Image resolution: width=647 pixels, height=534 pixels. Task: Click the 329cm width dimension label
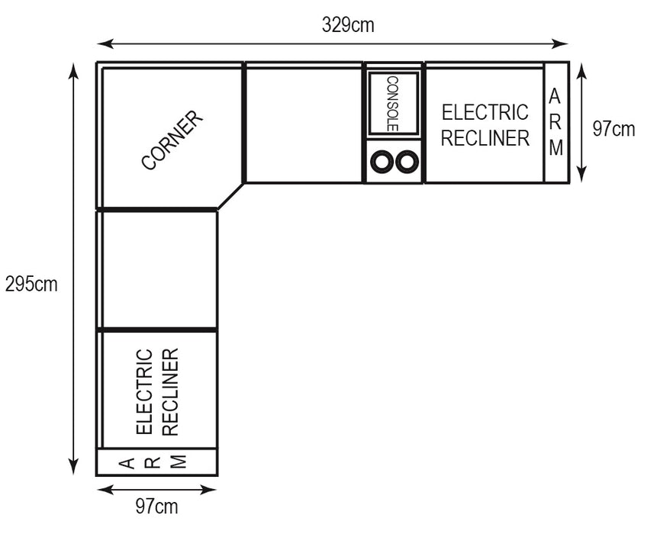pos(348,25)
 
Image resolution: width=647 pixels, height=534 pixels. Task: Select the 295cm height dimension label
pos(31,285)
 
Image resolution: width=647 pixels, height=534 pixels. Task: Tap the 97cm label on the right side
pos(613,129)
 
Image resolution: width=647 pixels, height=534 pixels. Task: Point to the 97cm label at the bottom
pos(157,507)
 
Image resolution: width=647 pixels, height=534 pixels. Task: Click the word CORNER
pos(172,140)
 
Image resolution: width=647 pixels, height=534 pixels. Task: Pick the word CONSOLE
pos(392,104)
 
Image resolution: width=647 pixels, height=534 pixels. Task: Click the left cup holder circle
pos(381,162)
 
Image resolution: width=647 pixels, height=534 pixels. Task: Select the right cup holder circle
pos(407,162)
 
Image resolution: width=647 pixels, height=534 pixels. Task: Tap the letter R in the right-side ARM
pos(555,123)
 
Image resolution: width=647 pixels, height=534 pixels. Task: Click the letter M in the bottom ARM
pos(179,462)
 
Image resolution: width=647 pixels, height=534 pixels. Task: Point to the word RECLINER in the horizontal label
pos(485,138)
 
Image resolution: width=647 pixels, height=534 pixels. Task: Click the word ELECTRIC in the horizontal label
pos(485,112)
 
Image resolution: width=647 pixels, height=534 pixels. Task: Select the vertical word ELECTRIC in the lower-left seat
pos(144,391)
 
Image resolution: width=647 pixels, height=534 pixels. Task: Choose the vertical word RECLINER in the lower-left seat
pos(170,392)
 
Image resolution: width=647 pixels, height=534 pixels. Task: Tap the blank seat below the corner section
pos(159,270)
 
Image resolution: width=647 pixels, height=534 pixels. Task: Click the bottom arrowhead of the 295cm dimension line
pos(73,466)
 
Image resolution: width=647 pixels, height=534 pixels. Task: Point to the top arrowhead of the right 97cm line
pos(581,71)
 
